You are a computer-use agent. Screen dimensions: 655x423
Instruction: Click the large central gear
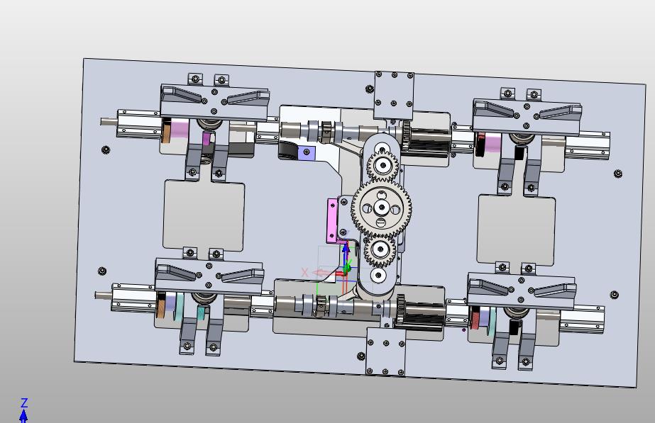tap(381, 208)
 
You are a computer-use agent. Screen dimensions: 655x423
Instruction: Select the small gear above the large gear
tap(382, 166)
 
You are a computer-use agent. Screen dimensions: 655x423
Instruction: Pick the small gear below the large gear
tap(380, 250)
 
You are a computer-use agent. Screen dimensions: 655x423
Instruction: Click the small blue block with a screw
tap(307, 152)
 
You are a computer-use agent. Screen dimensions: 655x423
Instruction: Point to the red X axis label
tap(304, 273)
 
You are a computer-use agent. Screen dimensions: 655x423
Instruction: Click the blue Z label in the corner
tap(24, 402)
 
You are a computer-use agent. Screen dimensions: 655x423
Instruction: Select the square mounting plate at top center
tap(394, 96)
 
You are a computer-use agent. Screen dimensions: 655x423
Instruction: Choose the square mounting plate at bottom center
tap(385, 351)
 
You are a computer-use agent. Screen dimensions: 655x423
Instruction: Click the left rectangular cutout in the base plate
tap(204, 215)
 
